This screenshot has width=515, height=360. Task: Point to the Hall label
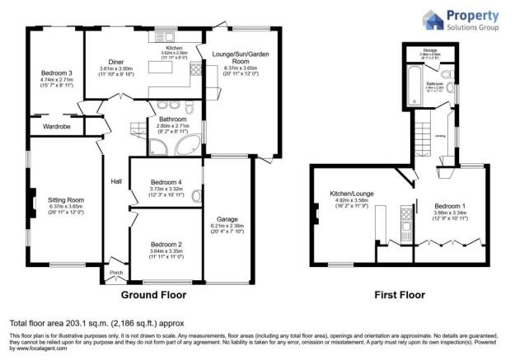point(115,183)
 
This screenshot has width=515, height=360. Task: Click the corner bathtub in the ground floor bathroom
point(187,148)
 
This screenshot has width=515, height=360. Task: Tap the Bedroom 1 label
point(451,204)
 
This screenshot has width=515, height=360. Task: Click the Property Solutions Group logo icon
point(433,20)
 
